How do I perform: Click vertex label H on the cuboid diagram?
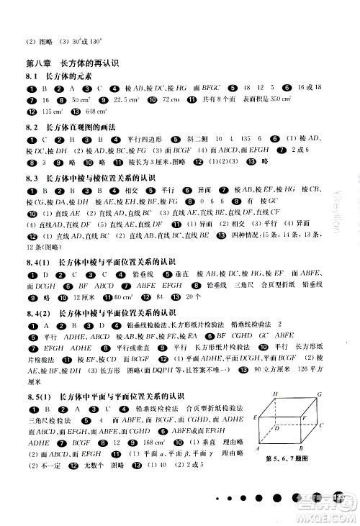[274, 395]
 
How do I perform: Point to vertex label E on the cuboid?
[255, 417]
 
